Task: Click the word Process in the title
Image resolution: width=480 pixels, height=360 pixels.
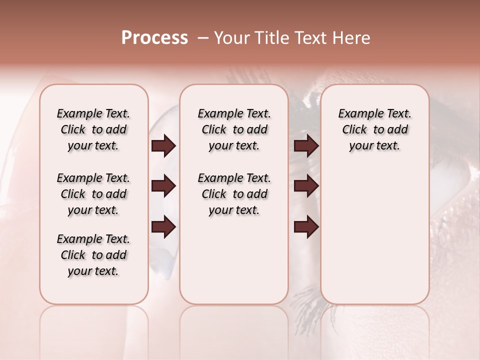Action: click(x=154, y=38)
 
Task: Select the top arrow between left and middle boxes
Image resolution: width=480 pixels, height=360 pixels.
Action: click(x=163, y=146)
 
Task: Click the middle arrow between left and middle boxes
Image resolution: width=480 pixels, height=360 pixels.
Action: click(x=163, y=186)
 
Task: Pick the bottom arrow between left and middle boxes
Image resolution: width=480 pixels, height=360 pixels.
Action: click(x=163, y=227)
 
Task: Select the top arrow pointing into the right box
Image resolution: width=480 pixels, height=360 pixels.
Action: click(x=306, y=146)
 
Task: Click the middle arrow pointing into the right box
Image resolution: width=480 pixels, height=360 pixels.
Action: click(x=306, y=186)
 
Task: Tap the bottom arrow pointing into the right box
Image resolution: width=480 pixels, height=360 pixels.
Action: click(x=306, y=227)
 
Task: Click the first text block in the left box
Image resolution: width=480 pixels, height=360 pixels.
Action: click(x=93, y=129)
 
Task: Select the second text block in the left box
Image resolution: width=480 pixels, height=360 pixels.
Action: click(x=93, y=194)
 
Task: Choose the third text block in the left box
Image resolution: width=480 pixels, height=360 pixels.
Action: click(x=93, y=255)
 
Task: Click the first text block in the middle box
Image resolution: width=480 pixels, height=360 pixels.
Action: click(x=234, y=129)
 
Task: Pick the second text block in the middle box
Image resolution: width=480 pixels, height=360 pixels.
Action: click(x=234, y=194)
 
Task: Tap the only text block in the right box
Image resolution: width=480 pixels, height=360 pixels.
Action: click(x=374, y=129)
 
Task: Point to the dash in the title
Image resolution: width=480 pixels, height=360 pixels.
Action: click(x=202, y=38)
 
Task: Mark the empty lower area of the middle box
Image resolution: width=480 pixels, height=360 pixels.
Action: click(x=234, y=260)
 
